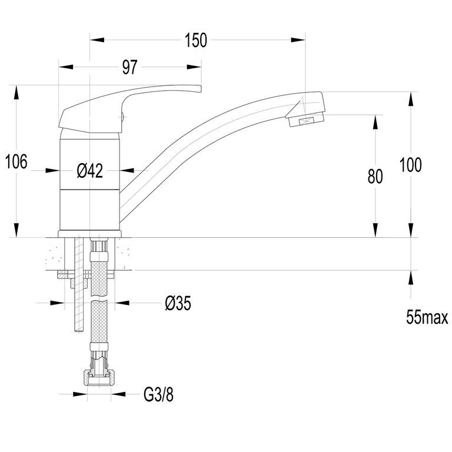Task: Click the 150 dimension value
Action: tap(196, 41)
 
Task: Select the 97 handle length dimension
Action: tap(129, 68)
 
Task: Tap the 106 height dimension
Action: tap(16, 161)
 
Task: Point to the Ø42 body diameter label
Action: tap(90, 171)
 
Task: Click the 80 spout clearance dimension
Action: tap(375, 177)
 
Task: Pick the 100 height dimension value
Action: tap(410, 165)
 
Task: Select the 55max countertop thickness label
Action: tap(427, 317)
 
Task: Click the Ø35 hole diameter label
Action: tap(178, 303)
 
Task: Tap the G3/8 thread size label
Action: tap(158, 395)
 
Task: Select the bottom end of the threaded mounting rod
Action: tap(79, 331)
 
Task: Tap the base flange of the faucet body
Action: tap(89, 234)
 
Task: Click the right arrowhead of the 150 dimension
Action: tap(298, 40)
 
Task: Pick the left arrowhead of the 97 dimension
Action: tap(66, 67)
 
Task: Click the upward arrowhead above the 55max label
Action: tap(411, 278)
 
